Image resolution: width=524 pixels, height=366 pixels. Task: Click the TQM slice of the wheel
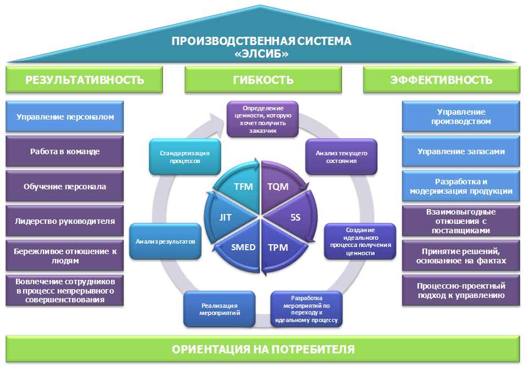pos(277,186)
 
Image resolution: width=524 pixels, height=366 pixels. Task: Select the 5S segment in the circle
pos(295,217)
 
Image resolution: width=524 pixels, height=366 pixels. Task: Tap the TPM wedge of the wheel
pos(278,246)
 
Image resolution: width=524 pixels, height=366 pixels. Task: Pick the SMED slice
pos(243,246)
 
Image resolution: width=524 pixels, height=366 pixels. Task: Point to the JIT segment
pos(225,217)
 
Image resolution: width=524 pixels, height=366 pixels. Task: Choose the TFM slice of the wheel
pos(243,186)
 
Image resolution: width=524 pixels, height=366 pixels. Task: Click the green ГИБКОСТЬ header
pos(263,80)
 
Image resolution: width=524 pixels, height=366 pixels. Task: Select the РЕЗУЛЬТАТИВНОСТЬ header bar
pos(85,80)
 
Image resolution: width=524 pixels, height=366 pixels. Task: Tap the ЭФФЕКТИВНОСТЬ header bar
pos(441,80)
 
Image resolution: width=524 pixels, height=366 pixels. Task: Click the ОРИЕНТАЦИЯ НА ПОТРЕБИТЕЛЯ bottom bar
pos(263,349)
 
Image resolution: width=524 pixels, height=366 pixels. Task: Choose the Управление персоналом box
pos(65,117)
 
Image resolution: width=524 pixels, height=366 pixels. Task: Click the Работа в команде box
pos(65,151)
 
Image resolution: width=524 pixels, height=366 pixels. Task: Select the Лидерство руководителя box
pos(65,221)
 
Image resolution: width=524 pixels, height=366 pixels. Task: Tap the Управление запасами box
pos(461,151)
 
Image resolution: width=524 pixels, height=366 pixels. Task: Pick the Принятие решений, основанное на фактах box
pos(461,256)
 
